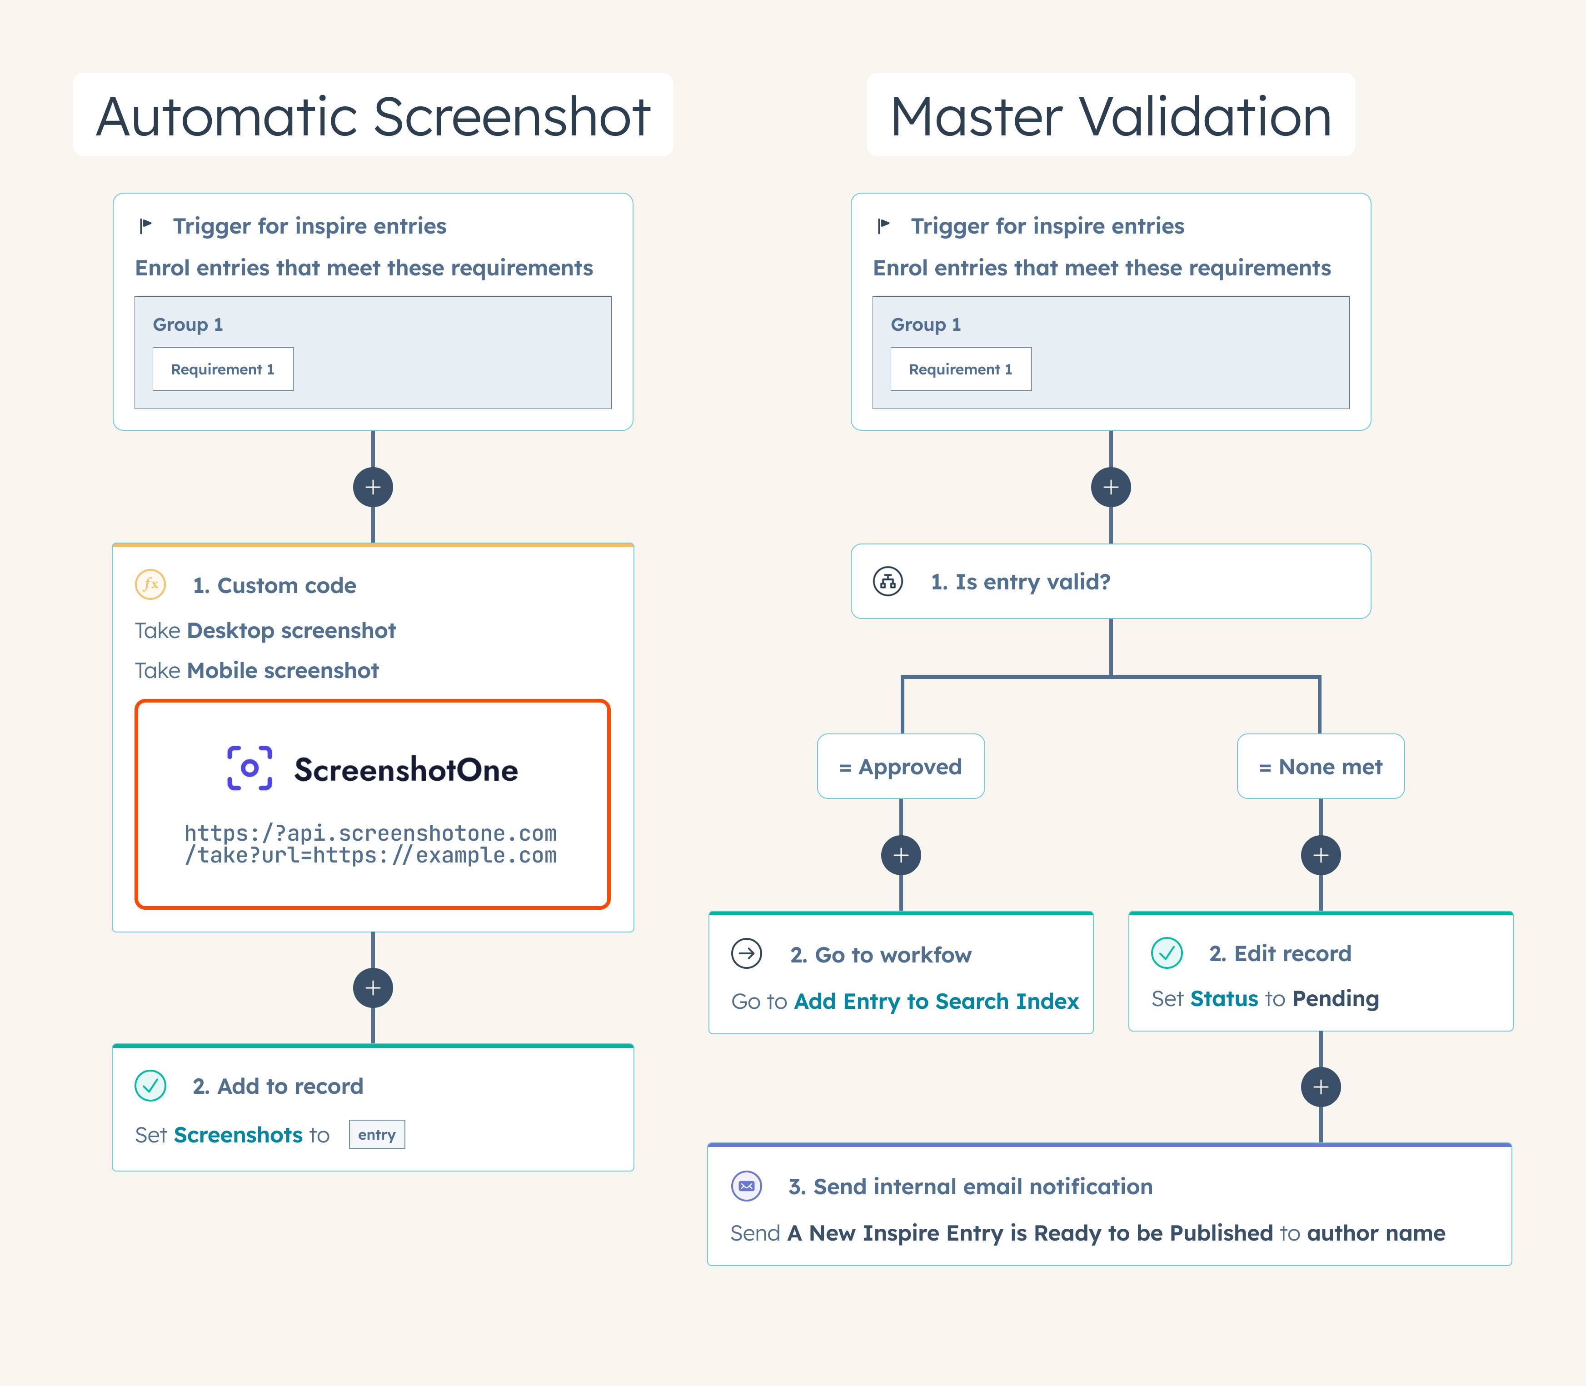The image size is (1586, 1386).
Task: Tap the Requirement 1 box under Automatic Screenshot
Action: pos(223,369)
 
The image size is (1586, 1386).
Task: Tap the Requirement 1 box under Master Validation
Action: pos(960,369)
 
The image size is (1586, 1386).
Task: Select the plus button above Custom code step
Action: pos(373,487)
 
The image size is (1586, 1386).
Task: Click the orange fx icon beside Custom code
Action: pos(150,584)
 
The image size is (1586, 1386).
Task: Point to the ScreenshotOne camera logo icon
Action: pos(249,768)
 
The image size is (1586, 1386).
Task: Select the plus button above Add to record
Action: pos(373,987)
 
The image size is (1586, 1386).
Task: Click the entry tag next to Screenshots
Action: pos(377,1135)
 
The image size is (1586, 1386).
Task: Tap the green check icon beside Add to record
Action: pos(150,1085)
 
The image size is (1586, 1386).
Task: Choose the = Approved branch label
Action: pos(901,767)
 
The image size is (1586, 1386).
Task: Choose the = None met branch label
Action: pos(1321,767)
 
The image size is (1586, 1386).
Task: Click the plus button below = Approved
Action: pos(901,855)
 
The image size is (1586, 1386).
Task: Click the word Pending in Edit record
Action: pos(1336,998)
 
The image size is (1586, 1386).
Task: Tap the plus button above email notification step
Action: pos(1321,1087)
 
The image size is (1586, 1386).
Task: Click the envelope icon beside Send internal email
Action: pos(746,1186)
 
